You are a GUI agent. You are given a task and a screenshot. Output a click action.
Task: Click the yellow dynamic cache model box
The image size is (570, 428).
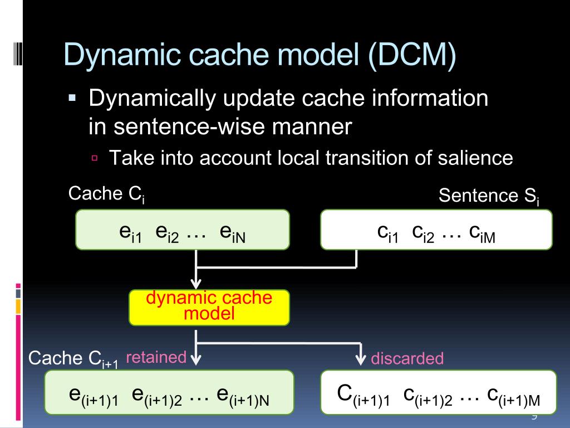coord(209,307)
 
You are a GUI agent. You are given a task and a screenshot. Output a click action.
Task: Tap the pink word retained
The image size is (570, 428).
coord(156,357)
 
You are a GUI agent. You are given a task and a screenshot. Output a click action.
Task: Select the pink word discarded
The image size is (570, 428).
coord(407,358)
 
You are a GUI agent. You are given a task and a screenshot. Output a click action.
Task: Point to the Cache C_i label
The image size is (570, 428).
coord(106,194)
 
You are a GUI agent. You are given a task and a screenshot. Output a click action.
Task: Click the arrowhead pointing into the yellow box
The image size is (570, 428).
coord(196,284)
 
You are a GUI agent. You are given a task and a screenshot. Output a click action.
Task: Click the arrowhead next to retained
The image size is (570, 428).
coord(196,357)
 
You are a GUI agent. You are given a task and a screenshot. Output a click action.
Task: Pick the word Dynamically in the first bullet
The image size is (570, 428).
coord(150,99)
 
